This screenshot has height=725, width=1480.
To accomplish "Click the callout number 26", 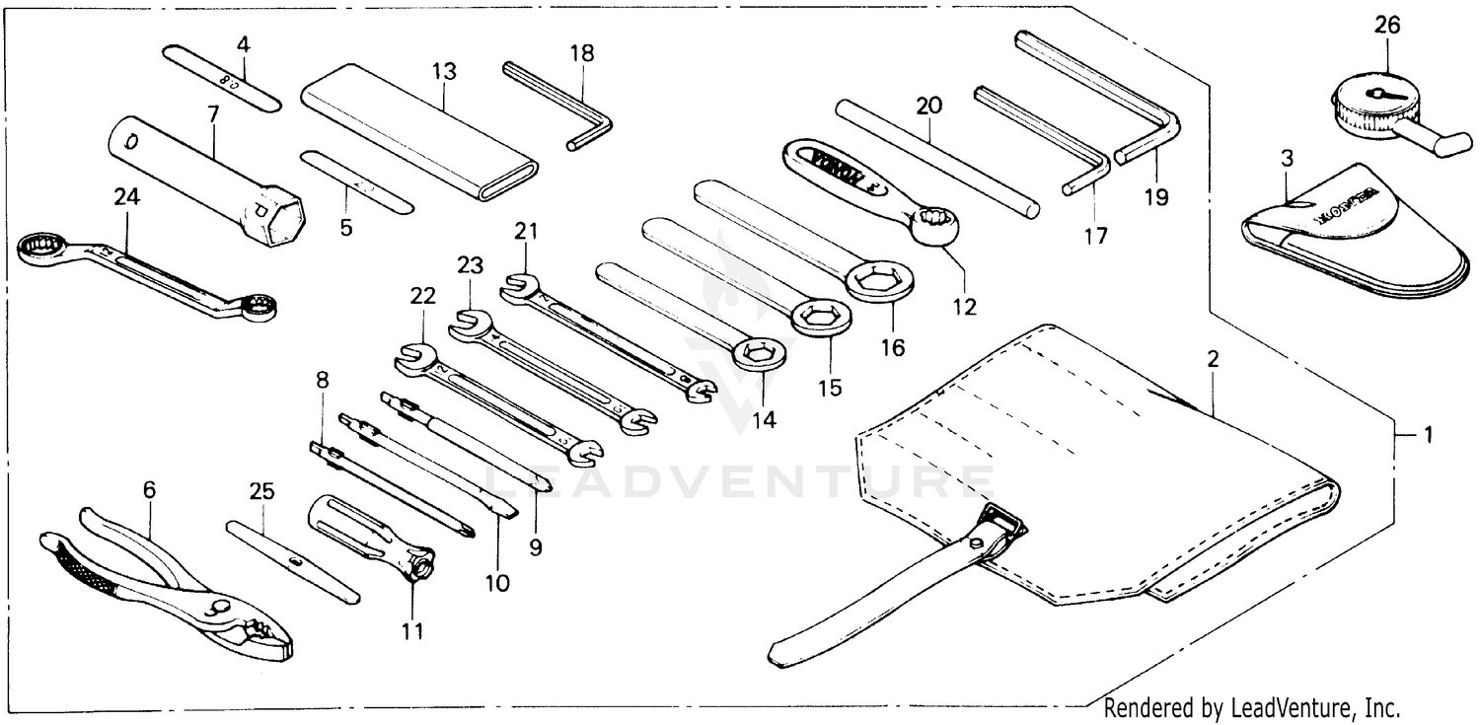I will click(x=1386, y=27).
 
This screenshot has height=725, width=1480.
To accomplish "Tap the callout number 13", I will click(x=444, y=71).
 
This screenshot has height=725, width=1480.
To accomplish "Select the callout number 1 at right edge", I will click(x=1429, y=434).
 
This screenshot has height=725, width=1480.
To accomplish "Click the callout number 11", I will click(x=412, y=631).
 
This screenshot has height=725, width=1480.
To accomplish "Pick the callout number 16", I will click(x=894, y=347).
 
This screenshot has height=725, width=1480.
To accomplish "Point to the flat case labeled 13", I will click(x=419, y=131).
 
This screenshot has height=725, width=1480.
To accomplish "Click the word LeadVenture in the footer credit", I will click(x=1280, y=707).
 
